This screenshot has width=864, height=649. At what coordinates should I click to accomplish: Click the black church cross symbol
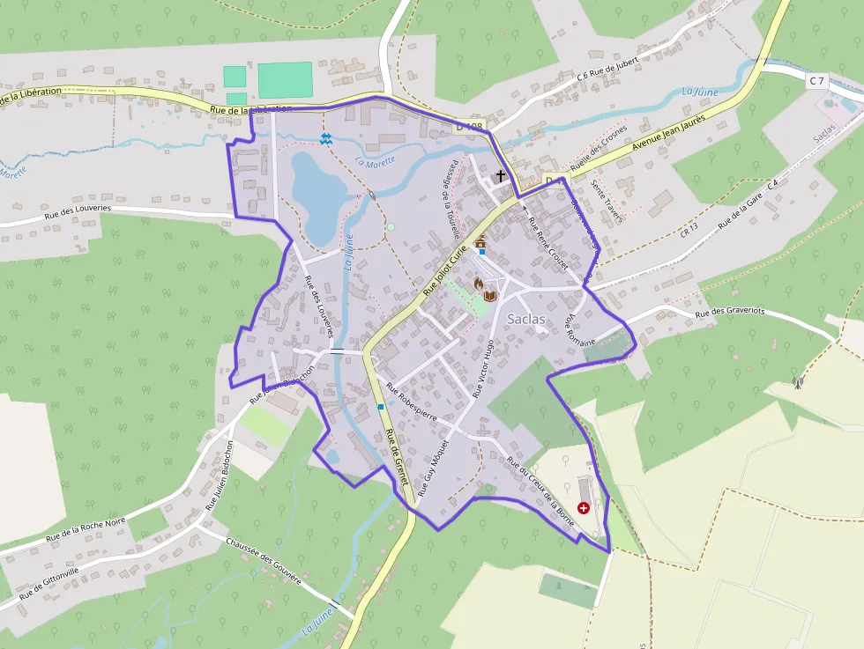tap(501, 176)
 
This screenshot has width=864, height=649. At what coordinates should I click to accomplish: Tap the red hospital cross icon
tap(584, 508)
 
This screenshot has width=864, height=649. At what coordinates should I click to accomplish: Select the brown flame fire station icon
tap(477, 284)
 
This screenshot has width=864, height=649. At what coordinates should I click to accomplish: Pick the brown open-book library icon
tap(490, 296)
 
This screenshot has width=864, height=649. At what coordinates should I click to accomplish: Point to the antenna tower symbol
tap(798, 383)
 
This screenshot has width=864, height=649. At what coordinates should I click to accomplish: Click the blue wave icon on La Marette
tap(326, 138)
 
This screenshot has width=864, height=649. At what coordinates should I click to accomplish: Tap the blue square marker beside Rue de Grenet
tap(380, 406)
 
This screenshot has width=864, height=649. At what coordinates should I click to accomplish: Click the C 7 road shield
tap(816, 81)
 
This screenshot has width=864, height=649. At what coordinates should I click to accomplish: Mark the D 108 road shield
tap(469, 127)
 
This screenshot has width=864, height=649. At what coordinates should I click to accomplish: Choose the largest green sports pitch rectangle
tap(285, 79)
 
